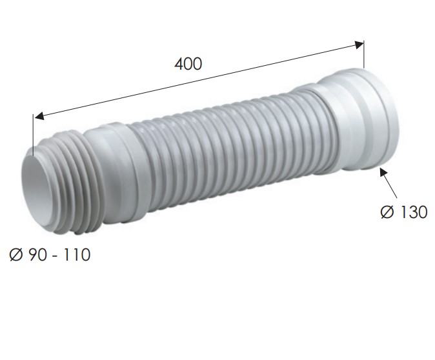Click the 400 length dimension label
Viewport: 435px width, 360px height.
[188, 64]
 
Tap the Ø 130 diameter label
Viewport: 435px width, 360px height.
[404, 212]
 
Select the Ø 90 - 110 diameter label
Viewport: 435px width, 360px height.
[50, 255]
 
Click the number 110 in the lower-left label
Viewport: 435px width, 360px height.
[77, 255]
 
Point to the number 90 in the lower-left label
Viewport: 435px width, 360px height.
[37, 255]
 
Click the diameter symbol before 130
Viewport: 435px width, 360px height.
[387, 212]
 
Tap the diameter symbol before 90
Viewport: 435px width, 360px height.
[16, 255]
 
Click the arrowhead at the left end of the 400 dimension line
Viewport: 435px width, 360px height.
[38, 116]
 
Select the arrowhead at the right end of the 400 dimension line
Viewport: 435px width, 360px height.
[359, 45]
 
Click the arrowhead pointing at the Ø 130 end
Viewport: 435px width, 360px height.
[383, 172]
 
